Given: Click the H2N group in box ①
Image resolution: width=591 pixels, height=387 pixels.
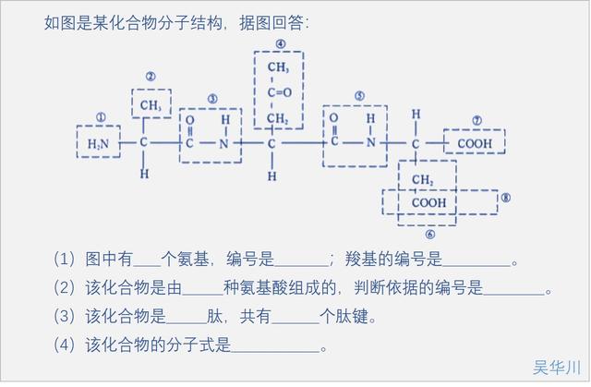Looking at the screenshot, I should (x=98, y=144).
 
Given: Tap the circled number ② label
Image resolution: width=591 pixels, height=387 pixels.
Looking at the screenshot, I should (x=150, y=77).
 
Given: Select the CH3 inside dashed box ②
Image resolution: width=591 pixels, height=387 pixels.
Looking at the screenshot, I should (x=151, y=107).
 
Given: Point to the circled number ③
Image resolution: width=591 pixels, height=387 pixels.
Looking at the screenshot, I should (x=211, y=98).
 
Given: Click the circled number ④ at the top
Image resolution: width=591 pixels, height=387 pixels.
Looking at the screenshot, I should (x=280, y=43).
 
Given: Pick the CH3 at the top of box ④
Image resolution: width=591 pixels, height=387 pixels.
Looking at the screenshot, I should (x=280, y=68).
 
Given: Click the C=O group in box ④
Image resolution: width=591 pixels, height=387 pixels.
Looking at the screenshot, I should (x=280, y=93).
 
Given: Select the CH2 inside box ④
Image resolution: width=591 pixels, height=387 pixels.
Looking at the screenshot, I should (x=280, y=120).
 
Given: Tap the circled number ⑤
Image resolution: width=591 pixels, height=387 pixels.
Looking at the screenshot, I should (x=358, y=95).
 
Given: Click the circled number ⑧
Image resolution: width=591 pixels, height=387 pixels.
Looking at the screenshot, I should (x=505, y=198).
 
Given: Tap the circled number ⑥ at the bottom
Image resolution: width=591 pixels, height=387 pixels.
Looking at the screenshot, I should (x=429, y=235).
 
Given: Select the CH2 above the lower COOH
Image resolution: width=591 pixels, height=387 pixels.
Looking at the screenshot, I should (x=424, y=179).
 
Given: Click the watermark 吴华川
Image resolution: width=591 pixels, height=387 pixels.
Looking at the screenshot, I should (x=557, y=368).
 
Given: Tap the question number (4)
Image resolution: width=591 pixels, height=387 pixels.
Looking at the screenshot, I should (x=65, y=346).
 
